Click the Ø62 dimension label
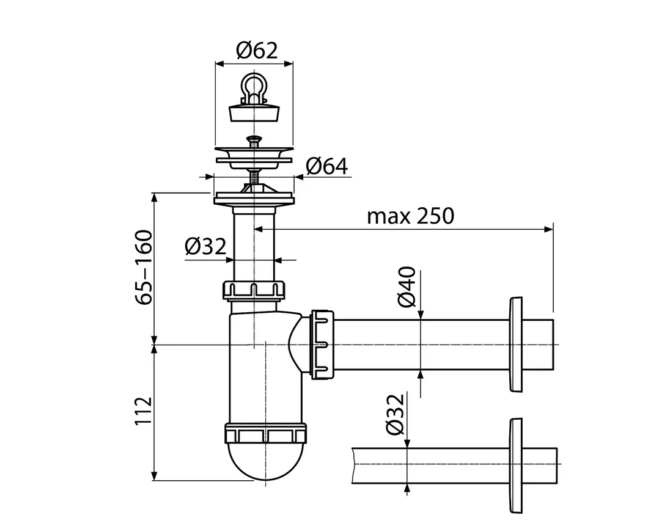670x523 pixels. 255,51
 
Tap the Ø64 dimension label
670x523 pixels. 326,166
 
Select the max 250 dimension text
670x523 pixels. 410,216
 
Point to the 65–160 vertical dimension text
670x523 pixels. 144,267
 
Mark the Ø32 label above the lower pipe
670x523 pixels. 396,414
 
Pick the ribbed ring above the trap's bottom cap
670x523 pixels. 265,433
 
